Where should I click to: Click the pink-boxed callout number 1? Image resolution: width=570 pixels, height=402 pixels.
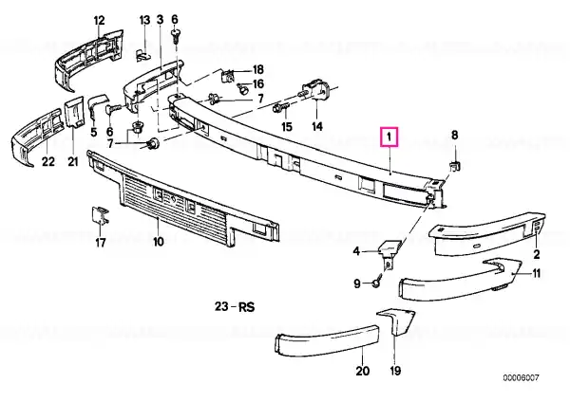389,137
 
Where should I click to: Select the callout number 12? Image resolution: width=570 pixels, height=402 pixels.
99,20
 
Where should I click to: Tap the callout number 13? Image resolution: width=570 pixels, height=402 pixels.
144,20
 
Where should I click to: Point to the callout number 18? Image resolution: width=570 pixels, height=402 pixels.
257,69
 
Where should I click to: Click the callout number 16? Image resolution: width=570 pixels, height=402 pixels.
257,84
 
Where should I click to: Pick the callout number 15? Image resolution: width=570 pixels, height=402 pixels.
287,127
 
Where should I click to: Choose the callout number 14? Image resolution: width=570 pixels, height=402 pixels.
317,127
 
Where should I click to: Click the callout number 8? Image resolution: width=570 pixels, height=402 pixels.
455,136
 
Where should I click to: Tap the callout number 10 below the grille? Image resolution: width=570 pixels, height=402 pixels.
159,241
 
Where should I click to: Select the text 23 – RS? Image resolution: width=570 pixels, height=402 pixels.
235,307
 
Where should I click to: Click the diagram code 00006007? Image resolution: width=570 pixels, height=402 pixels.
521,378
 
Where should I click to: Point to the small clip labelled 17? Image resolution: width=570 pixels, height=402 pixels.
100,215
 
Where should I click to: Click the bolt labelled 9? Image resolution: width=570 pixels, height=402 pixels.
377,281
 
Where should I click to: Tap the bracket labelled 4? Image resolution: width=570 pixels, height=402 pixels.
389,251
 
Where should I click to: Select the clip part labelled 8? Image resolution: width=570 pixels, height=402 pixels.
454,165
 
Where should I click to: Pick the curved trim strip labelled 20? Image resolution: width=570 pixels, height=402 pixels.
327,340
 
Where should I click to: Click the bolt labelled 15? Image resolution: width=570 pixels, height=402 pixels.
281,107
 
